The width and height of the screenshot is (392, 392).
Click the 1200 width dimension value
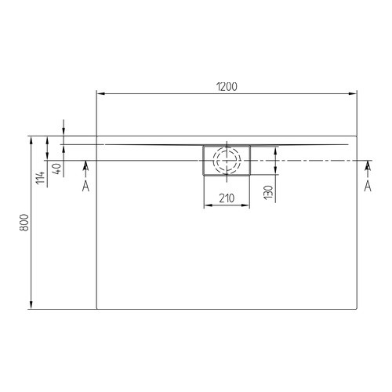[227, 86]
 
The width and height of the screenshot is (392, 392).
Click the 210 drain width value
[227, 198]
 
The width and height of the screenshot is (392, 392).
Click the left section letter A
[85, 185]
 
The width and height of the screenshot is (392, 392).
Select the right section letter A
[367, 185]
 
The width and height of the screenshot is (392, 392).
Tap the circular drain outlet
[227, 160]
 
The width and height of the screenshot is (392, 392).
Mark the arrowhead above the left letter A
[85, 165]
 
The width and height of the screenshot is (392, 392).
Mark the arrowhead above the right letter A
[367, 165]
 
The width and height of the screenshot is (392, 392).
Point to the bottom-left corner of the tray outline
[96, 307]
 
